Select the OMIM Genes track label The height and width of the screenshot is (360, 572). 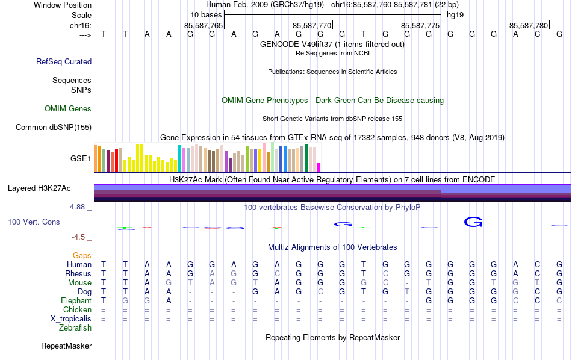click(68, 109)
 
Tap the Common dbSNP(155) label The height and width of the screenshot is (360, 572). click(54, 127)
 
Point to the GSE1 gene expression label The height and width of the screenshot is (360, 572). click(81, 159)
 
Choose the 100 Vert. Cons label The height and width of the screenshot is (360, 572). click(34, 222)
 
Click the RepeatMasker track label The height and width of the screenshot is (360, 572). click(66, 346)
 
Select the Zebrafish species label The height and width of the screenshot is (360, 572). click(75, 328)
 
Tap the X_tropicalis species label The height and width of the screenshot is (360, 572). click(71, 318)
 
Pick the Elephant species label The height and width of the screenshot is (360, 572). click(76, 300)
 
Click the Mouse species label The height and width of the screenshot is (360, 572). click(79, 282)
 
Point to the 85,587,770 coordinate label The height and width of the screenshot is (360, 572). click(312, 26)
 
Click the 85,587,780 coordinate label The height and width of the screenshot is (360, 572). click(529, 26)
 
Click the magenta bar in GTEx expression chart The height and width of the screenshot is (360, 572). click(319, 167)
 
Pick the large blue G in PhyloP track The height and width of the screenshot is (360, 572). click(473, 222)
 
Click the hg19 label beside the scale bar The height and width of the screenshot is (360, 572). click(455, 14)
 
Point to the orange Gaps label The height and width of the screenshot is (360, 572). click(82, 256)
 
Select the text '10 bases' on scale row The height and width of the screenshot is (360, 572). click(206, 14)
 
